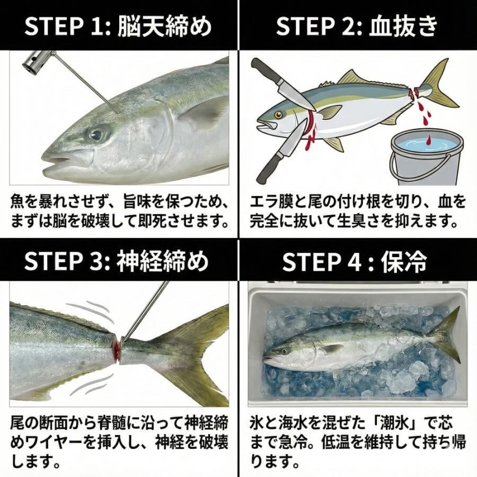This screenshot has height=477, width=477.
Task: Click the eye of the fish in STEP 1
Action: [x=98, y=134]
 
